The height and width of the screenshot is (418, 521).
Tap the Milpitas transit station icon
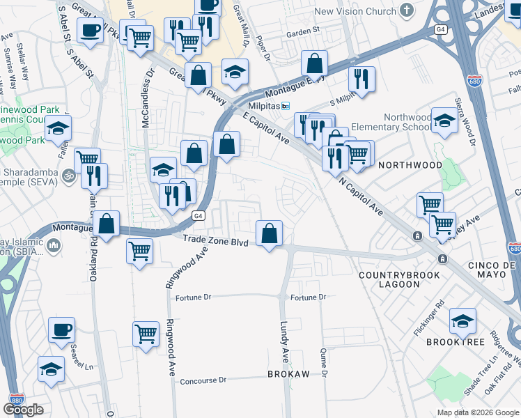[x=286, y=105]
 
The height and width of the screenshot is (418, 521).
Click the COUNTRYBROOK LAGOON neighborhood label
[x=399, y=280]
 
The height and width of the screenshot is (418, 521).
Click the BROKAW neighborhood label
[x=288, y=374]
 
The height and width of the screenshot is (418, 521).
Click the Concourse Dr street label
[x=203, y=381]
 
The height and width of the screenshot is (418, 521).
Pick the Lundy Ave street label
[x=284, y=341]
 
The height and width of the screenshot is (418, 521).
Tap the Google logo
[x=23, y=410]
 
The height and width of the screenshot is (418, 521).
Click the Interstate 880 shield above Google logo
[x=17, y=399]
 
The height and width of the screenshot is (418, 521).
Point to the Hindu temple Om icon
[x=68, y=173]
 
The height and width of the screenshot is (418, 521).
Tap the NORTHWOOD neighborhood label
[x=410, y=165]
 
